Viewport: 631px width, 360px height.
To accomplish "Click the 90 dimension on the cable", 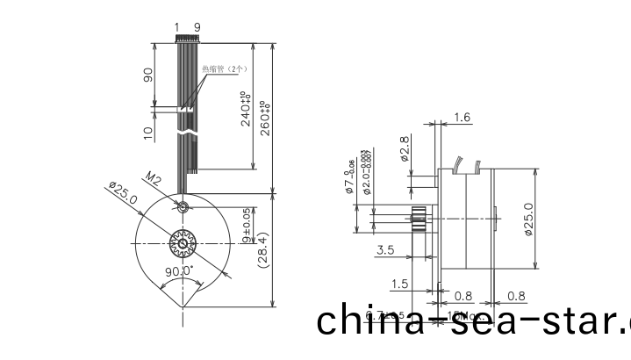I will [148, 75].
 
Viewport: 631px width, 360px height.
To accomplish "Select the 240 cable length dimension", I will [247, 108].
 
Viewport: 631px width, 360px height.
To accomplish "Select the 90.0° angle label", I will [181, 271].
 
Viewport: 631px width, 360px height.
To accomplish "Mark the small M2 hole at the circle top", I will [182, 207].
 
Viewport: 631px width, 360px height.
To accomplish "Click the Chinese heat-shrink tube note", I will [226, 68].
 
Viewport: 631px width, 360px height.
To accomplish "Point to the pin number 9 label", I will [197, 27].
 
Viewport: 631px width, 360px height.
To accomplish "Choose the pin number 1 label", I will [177, 27].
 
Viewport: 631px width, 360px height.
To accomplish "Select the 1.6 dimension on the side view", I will [462, 117].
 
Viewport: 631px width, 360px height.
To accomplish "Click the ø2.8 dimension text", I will [405, 149].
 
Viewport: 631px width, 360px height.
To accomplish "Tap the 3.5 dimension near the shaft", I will [384, 250].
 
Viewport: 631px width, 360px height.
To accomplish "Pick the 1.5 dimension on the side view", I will [400, 283].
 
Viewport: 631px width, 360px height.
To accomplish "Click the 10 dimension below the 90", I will [148, 132].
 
